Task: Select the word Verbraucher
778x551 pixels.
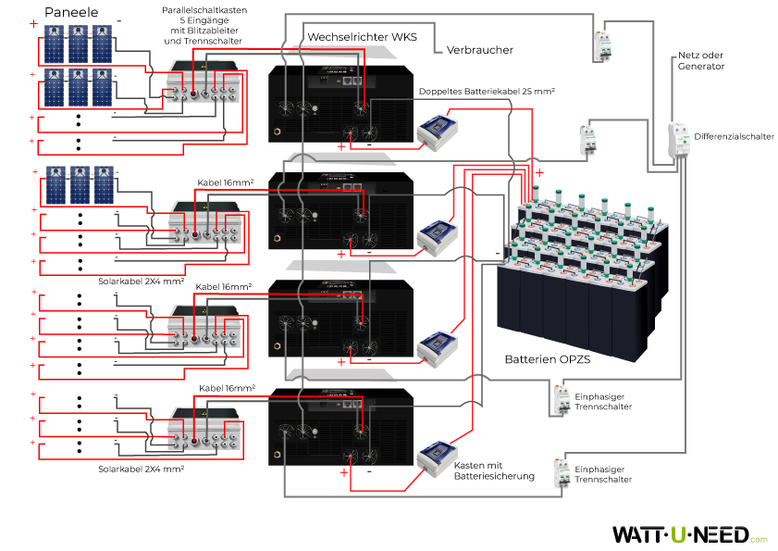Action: pyautogui.click(x=479, y=50)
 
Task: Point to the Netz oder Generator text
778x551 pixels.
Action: pyautogui.click(x=700, y=61)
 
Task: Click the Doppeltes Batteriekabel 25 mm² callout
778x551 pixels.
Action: pyautogui.click(x=486, y=93)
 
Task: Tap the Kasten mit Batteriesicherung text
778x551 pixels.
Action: pyautogui.click(x=494, y=470)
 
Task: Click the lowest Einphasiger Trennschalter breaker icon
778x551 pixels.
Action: pyautogui.click(x=561, y=472)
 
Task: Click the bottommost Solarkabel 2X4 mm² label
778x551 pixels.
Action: pyautogui.click(x=141, y=470)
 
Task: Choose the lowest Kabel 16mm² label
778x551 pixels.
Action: pyautogui.click(x=227, y=387)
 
